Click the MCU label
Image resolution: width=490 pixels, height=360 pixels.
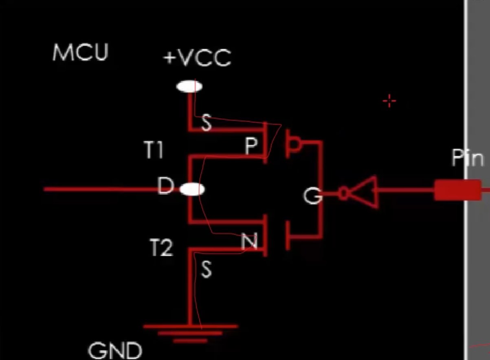click(81, 52)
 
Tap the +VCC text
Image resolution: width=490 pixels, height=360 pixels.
click(197, 57)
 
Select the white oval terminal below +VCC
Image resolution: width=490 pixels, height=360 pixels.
click(189, 87)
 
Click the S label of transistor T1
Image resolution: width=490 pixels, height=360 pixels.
click(206, 123)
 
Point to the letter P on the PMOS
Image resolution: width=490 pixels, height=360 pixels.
click(251, 146)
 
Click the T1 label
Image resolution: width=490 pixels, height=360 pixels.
click(154, 149)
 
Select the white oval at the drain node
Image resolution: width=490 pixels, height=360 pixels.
click(192, 189)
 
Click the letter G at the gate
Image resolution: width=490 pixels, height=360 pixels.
click(312, 196)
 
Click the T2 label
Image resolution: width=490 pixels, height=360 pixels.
click(161, 247)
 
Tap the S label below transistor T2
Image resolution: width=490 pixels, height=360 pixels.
click(206, 269)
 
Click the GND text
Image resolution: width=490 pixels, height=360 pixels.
click(115, 351)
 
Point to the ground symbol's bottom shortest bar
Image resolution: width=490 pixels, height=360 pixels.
click(190, 341)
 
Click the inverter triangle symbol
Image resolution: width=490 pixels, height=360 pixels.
click(364, 192)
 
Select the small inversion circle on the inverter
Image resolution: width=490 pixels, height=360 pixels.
click(343, 193)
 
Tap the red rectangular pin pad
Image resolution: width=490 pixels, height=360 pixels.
click(458, 190)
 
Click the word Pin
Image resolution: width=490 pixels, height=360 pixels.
click(468, 158)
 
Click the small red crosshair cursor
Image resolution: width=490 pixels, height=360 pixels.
click(389, 101)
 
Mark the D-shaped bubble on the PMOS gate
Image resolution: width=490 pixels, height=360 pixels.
click(294, 144)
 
